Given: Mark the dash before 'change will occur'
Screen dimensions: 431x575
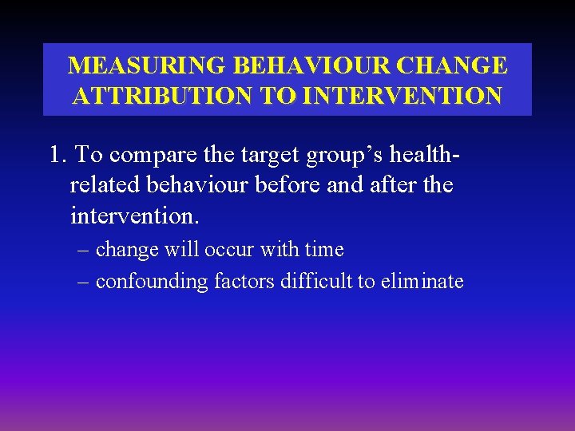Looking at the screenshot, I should [x=85, y=250].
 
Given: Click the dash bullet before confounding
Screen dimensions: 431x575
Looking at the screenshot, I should [x=85, y=282].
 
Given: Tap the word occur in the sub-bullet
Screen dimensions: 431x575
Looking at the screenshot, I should [x=230, y=250].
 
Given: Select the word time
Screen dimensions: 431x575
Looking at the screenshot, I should [x=324, y=250].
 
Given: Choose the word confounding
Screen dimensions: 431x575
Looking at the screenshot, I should [x=152, y=282].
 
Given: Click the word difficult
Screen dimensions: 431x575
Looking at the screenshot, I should [x=313, y=282].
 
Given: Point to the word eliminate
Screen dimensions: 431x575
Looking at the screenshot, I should [x=422, y=282].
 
